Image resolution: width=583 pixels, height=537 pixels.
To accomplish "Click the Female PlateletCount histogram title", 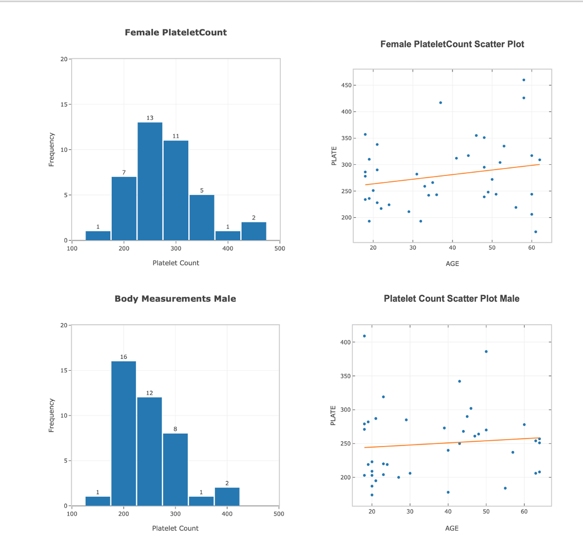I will [175, 33].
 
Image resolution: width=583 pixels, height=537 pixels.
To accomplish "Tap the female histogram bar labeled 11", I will [175, 190].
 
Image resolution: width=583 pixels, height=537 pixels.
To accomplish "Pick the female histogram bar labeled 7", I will [124, 208].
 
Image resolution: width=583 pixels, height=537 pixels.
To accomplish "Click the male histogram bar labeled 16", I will [124, 433].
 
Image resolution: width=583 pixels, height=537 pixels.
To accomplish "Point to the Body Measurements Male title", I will [175, 299].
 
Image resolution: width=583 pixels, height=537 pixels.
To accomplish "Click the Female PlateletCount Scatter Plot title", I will [452, 44].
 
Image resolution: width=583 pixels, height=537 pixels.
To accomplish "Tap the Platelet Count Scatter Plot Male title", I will [451, 298].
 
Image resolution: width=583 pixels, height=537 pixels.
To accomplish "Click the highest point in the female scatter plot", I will [524, 80].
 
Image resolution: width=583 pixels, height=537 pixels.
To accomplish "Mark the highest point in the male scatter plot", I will [364, 336].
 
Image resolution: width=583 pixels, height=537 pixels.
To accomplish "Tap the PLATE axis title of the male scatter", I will [334, 415].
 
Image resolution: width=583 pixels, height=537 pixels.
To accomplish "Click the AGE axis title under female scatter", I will [452, 264].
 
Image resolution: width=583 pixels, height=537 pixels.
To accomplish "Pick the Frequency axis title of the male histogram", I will [51, 415].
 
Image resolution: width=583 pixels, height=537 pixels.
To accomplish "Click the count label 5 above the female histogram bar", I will [202, 190].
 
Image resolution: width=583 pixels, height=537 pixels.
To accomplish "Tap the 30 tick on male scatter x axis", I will [410, 512].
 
